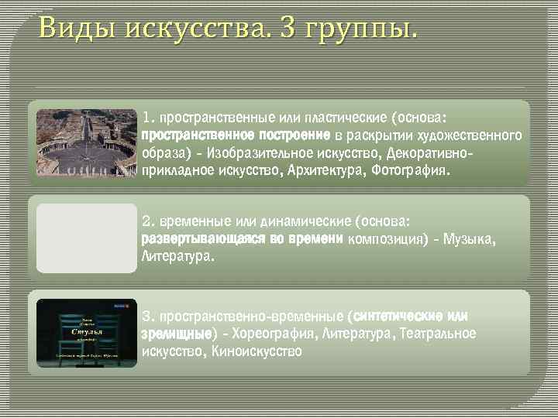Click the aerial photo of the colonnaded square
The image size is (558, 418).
[86, 143]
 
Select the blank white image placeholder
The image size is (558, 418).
[86, 238]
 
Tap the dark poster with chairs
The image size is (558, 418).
[86, 331]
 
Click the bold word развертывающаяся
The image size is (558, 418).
[203, 238]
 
